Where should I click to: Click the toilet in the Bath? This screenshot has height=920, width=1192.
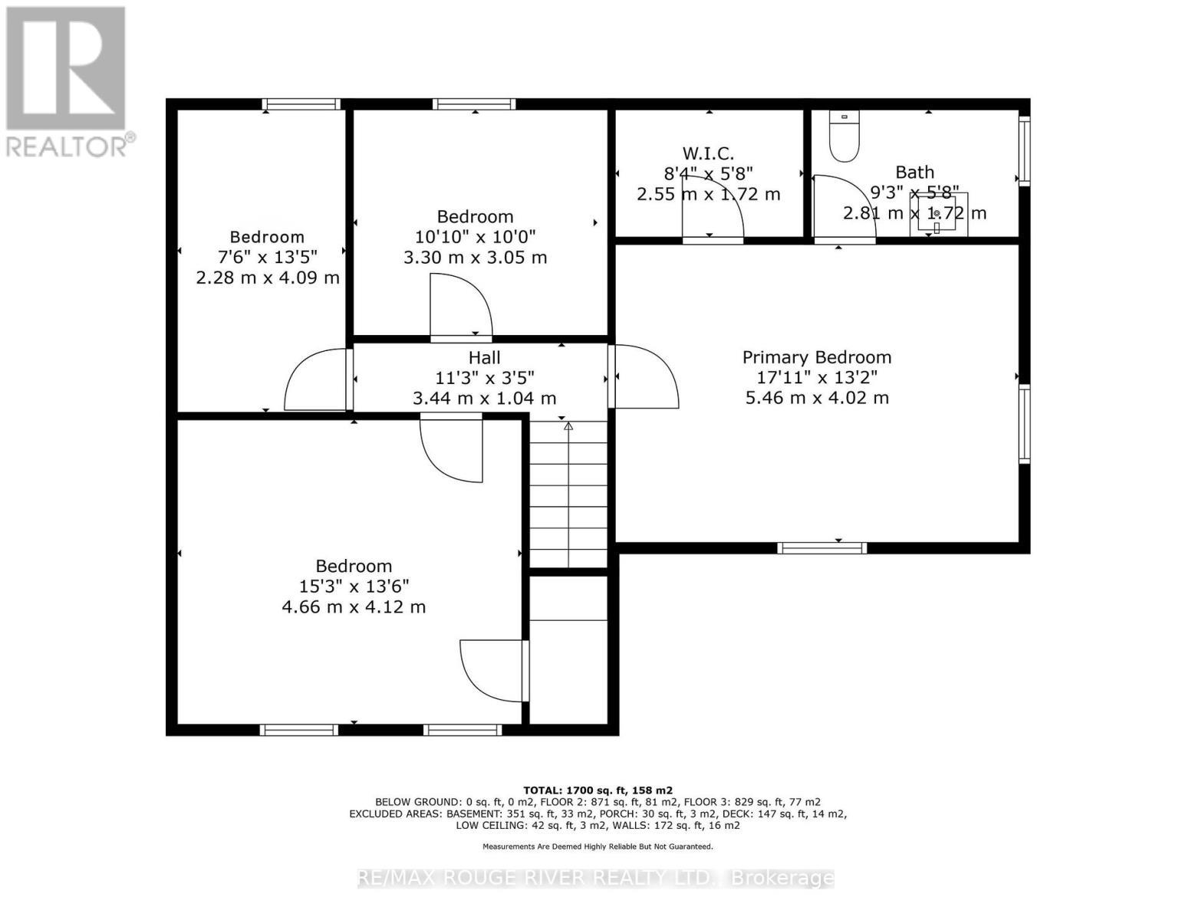845,137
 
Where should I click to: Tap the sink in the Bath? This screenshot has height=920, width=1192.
937,212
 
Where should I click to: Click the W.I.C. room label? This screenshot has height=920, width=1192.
708,153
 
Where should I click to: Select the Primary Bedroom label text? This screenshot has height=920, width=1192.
816,357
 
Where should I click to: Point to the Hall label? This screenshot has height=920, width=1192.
484,357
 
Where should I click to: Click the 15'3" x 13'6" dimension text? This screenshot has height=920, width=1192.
354,586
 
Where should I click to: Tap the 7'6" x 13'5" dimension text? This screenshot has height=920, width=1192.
267,257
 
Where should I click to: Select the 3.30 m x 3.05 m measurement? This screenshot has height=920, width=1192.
475,258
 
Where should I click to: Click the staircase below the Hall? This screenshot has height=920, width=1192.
568,495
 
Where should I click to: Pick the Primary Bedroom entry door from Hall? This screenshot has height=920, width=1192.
644,376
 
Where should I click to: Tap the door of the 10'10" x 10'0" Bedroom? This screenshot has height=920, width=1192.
460,307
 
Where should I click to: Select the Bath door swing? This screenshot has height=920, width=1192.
842,207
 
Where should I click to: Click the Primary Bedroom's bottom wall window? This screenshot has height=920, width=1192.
822,547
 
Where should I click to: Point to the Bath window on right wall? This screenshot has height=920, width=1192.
1023,150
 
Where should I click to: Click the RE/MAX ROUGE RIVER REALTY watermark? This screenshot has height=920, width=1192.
596,878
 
